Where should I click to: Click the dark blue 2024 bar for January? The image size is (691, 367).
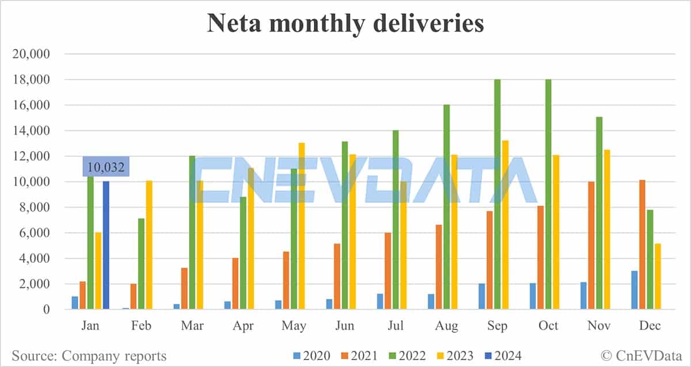point(106,245)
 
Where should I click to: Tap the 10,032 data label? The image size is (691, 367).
point(106,168)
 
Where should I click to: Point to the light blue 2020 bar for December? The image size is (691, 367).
point(634,290)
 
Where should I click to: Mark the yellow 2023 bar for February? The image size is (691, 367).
point(149,245)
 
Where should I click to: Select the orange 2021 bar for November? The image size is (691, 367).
point(591,246)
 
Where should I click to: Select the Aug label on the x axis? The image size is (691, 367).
point(446,326)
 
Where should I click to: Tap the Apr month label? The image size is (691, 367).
point(243,326)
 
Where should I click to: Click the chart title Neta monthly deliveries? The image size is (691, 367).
point(345,24)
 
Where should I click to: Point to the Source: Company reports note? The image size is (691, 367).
point(89,356)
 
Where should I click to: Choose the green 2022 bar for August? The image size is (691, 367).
point(446,207)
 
